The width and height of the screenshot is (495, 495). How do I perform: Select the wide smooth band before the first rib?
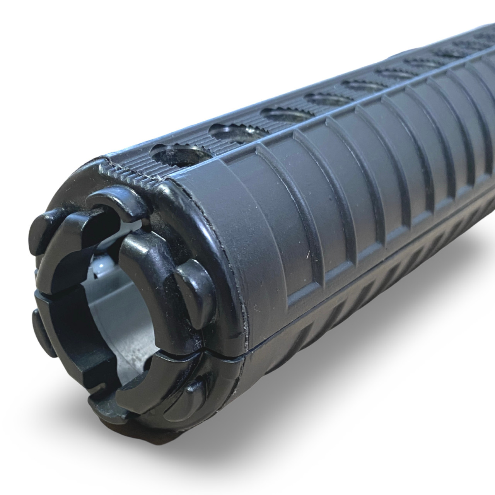247,232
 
